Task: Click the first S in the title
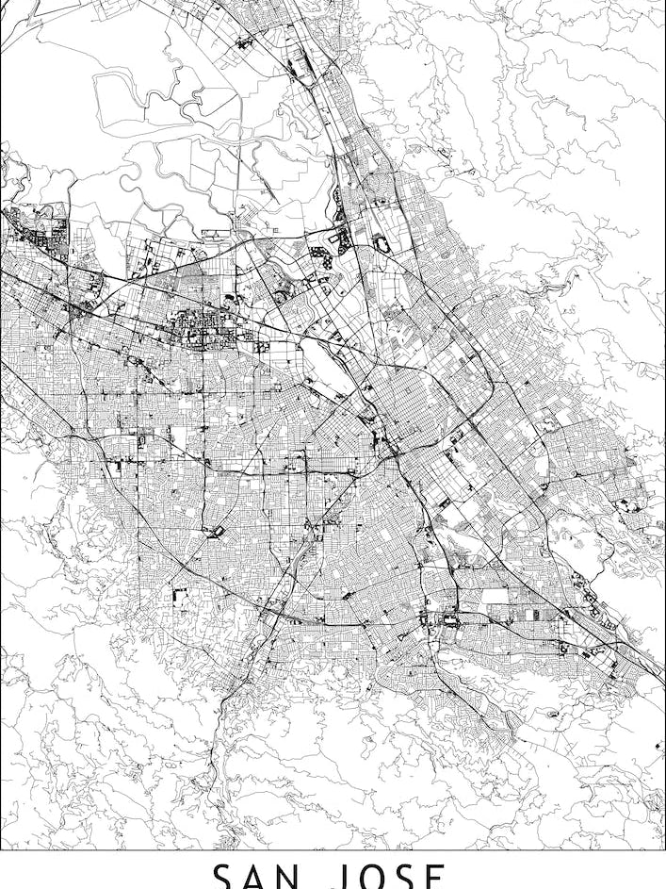click(x=222, y=877)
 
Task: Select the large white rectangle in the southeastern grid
click(x=494, y=596)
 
